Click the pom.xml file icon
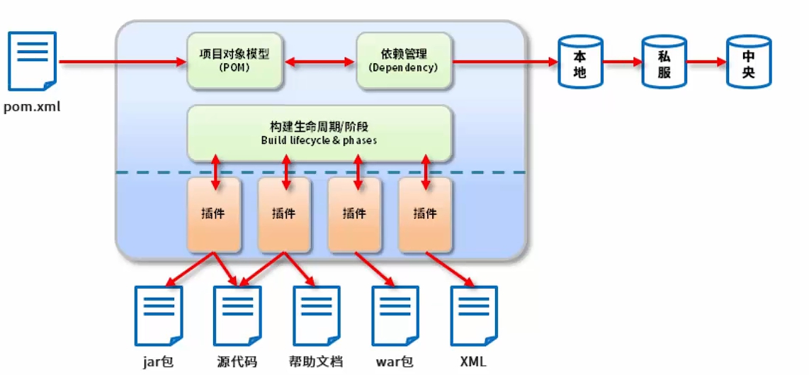pos(32,61)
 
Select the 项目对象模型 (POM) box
pos(234,60)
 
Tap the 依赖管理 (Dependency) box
pos(404,60)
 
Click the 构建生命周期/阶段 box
pos(319,133)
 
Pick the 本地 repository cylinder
pos(580,61)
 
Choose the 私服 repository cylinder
pos(664,61)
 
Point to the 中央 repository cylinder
pos(748,61)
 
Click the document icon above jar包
pos(159,315)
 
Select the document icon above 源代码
pos(237,315)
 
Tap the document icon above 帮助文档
pos(316,315)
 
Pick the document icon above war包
pos(395,315)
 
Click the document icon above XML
pos(474,315)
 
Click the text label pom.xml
pos(32,108)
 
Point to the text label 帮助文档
pos(316,361)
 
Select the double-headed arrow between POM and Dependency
pos(320,62)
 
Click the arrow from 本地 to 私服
pos(622,62)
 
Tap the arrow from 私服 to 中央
pos(706,62)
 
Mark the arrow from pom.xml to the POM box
pos(123,62)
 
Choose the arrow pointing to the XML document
pos(450,269)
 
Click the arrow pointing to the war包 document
pos(375,269)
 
